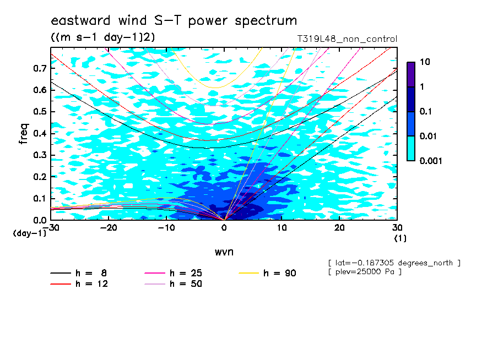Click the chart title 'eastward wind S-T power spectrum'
click(x=174, y=20)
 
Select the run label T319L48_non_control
click(x=347, y=39)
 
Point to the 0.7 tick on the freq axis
click(x=40, y=68)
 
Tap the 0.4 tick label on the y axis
click(x=40, y=133)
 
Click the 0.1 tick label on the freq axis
click(x=40, y=198)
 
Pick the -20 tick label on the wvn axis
click(x=109, y=228)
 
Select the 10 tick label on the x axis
click(x=282, y=228)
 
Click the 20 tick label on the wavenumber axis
click(x=339, y=228)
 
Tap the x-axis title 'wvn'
click(x=224, y=252)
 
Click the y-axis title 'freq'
click(x=24, y=134)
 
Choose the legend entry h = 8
click(x=78, y=273)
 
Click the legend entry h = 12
click(x=79, y=284)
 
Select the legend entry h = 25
click(x=173, y=273)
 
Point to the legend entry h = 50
click(x=173, y=284)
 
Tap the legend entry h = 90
click(x=267, y=273)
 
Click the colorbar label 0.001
click(x=431, y=161)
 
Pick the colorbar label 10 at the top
click(x=425, y=62)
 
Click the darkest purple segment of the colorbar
click(x=411, y=75)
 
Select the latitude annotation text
click(x=394, y=263)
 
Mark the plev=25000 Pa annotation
click(x=365, y=272)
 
